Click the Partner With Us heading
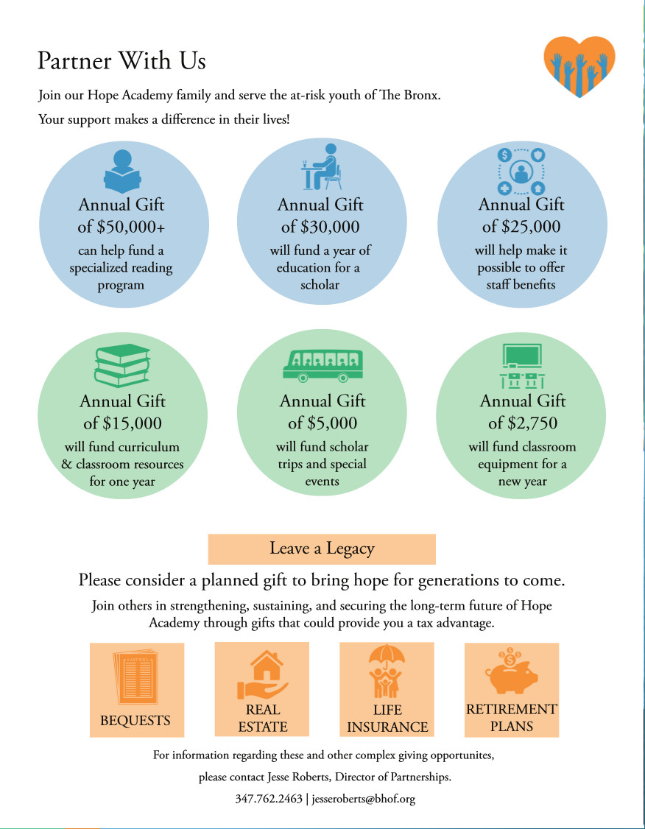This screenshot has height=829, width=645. pos(121,60)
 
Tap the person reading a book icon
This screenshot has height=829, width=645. pos(122,172)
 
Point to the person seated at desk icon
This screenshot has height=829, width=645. pos(322,166)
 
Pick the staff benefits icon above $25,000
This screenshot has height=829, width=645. pos(521,172)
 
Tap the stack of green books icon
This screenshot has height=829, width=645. pos(122,365)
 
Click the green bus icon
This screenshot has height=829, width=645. pos(323,365)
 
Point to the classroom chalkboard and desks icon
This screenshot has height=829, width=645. pos(522,366)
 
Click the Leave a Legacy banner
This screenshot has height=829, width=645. pos(322,548)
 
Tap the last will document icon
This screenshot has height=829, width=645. pos(135,677)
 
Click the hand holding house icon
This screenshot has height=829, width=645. pos(263,675)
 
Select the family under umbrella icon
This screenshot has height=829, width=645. pos(387,671)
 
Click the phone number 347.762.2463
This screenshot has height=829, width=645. pos(269,798)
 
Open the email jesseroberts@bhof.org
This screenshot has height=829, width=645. pos(364,798)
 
